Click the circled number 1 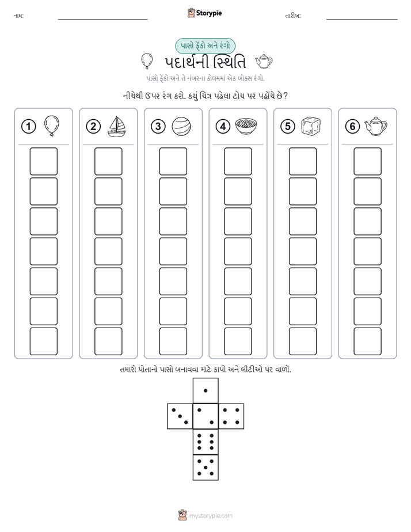(x=28, y=127)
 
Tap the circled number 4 (x=223, y=127)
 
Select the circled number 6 (x=352, y=127)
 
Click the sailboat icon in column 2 (x=116, y=126)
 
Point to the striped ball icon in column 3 (x=181, y=127)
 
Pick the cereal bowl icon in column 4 (x=246, y=126)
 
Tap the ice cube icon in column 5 (x=311, y=127)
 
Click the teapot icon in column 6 (x=375, y=127)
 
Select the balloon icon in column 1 (x=52, y=126)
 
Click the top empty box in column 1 (x=43, y=161)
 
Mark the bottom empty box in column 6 (x=367, y=341)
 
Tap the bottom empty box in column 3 (x=173, y=341)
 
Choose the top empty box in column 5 (x=302, y=161)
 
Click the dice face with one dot (x=205, y=390)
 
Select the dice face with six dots (x=205, y=442)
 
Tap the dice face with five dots (x=205, y=468)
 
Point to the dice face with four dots (x=231, y=416)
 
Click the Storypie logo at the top (x=204, y=13)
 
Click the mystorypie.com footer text (x=211, y=516)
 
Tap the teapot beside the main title (x=264, y=62)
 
